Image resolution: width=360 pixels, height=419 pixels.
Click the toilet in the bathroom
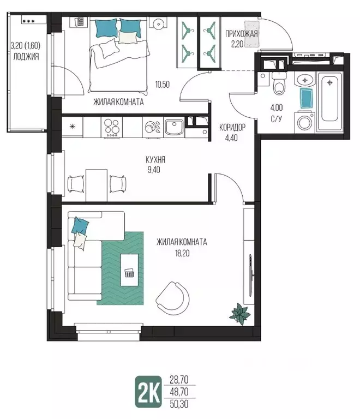pyautogui.click(x=279, y=83)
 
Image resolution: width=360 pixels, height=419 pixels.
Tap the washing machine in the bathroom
pyautogui.click(x=304, y=122)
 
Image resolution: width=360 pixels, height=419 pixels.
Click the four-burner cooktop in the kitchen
pyautogui.click(x=112, y=127)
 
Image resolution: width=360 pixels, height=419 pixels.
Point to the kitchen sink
pyautogui.click(x=174, y=127)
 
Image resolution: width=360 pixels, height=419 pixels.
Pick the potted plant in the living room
pyautogui.click(x=241, y=314)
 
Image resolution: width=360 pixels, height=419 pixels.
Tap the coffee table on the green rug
pyautogui.click(x=129, y=270)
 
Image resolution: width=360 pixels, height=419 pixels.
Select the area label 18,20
pyautogui.click(x=182, y=253)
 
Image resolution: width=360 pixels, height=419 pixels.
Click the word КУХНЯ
pyautogui.click(x=155, y=159)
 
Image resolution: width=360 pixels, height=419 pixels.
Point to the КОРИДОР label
pyautogui.click(x=232, y=127)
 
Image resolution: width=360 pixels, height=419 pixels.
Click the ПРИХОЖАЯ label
pyautogui.click(x=242, y=34)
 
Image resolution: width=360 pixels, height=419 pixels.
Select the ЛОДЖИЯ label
pyautogui.click(x=26, y=56)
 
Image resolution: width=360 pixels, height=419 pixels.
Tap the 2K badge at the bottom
pyautogui.click(x=148, y=392)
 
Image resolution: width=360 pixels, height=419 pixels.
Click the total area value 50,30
pyautogui.click(x=179, y=404)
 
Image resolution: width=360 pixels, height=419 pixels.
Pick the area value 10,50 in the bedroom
pyautogui.click(x=163, y=85)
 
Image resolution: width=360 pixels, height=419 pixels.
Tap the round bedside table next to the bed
pyautogui.click(x=158, y=23)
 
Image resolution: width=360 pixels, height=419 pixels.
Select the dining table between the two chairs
pyautogui.click(x=97, y=185)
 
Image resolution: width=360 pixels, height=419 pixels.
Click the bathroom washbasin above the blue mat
pyautogui.click(x=305, y=79)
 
